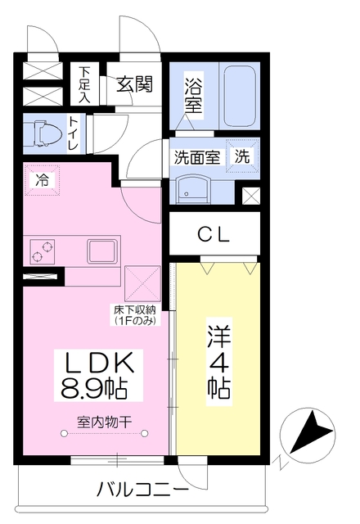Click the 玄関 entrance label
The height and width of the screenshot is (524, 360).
tap(134, 84)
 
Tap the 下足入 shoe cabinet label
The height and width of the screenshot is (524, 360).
tap(85, 85)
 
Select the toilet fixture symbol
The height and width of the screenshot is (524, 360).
tap(43, 134)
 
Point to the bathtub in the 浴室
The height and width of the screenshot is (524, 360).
tap(240, 96)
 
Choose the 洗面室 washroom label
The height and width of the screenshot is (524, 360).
tap(197, 157)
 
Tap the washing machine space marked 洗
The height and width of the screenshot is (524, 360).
tap(242, 156)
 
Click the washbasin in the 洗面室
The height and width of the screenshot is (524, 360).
tap(193, 189)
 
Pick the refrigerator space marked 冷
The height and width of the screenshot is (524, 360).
tap(42, 180)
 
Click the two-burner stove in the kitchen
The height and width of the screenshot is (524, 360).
tap(43, 251)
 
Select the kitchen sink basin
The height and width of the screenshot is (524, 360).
tap(103, 251)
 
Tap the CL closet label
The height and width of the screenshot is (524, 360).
tap(213, 235)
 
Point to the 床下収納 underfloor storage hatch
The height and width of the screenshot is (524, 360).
tap(142, 283)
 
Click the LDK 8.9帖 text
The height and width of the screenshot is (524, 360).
tap(98, 376)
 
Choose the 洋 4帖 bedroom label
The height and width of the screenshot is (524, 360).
tap(219, 362)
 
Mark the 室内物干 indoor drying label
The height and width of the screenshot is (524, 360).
tap(104, 422)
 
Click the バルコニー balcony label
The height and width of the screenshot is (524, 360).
tap(142, 490)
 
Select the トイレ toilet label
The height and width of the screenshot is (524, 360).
tap(74, 133)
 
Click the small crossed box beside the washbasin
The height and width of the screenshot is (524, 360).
tap(250, 196)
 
